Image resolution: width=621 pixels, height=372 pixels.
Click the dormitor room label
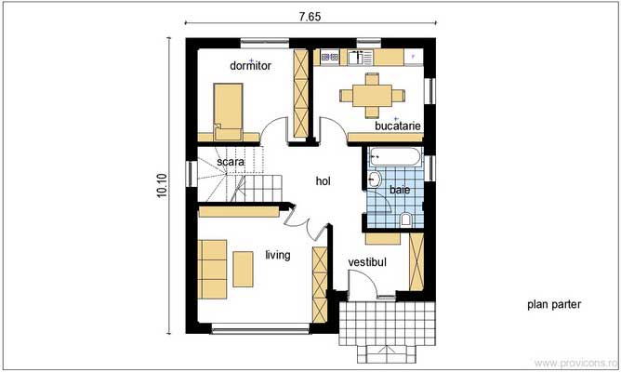[x=250, y=65]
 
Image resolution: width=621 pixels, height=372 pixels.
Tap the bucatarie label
[x=398, y=126]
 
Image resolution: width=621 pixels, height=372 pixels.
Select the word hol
[x=324, y=181]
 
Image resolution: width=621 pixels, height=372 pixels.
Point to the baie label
[x=400, y=190]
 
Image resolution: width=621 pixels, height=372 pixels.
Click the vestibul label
[x=367, y=262]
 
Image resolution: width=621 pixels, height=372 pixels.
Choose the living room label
[x=278, y=255]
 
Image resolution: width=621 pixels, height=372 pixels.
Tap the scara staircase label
[x=231, y=162]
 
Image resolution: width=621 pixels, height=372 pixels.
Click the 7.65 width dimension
[x=310, y=17]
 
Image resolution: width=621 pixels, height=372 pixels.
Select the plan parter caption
[x=554, y=304]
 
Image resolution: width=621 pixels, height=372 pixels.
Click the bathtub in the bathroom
[x=394, y=157]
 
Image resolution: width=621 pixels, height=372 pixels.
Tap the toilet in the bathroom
[x=405, y=219]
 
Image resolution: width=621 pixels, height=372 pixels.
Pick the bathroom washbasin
[x=374, y=179]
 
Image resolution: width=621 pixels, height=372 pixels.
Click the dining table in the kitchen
[x=372, y=96]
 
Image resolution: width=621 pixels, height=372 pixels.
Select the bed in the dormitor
[x=228, y=112]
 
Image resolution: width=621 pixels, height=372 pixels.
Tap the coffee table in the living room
[x=243, y=269]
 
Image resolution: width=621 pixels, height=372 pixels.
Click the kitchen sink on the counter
[x=360, y=57]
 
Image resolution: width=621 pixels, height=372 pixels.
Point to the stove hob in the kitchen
[x=330, y=57]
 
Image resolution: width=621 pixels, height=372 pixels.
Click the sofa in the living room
[x=212, y=270]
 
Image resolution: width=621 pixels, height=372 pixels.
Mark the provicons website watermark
[x=575, y=363]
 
